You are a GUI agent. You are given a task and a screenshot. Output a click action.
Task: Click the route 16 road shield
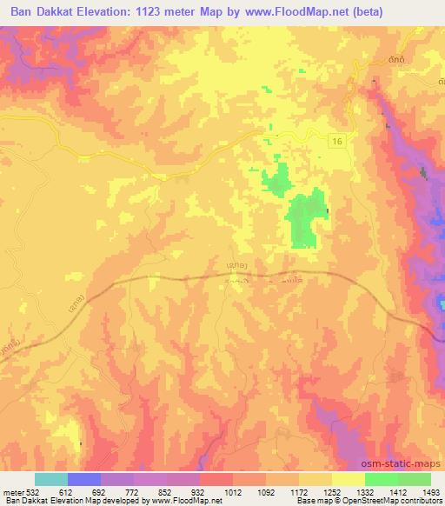point(336,140)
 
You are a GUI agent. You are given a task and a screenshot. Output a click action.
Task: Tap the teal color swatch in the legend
point(51,479)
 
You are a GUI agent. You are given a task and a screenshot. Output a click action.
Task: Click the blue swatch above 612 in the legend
point(84,479)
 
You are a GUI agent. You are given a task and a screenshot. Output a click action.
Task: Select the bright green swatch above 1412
point(382,479)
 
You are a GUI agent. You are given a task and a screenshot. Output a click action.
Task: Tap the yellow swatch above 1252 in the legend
point(315,479)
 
